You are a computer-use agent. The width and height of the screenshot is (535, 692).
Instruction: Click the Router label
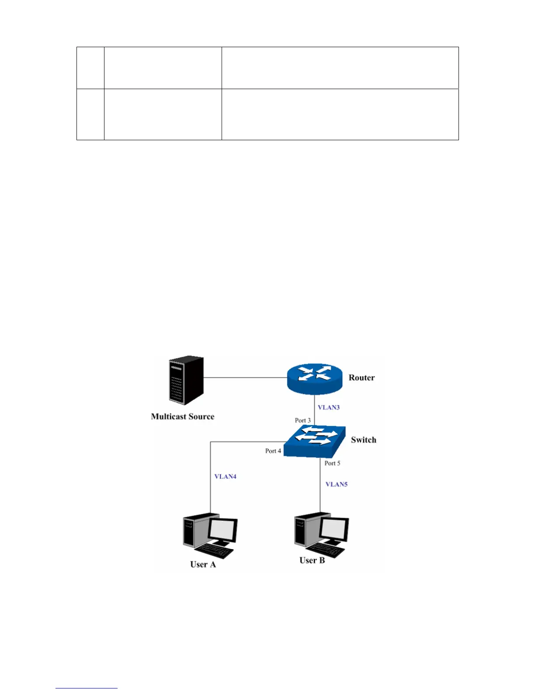point(361,378)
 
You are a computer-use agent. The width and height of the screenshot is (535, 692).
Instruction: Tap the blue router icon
point(315,378)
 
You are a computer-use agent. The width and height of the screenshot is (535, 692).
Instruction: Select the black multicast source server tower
point(186,381)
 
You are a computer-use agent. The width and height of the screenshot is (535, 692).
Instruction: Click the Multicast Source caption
point(183,417)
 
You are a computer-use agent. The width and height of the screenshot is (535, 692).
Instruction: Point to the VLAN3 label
point(329,408)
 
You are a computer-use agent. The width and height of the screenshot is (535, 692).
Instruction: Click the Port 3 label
point(302,420)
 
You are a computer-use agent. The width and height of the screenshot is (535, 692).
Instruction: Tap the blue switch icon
point(315,440)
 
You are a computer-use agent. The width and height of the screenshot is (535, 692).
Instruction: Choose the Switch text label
point(363,440)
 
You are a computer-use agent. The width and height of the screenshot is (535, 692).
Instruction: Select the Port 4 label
point(273,451)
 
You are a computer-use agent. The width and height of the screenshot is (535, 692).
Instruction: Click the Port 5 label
point(332,463)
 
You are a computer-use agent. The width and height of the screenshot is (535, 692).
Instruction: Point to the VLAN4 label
point(225,477)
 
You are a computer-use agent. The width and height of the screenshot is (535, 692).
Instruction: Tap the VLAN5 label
point(337,484)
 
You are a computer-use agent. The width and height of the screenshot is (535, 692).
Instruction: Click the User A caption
point(203,564)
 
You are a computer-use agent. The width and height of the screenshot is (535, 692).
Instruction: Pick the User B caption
point(312,561)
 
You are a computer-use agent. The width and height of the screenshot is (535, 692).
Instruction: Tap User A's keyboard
point(215,552)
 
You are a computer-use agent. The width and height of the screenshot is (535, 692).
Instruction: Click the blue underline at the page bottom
point(87,689)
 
